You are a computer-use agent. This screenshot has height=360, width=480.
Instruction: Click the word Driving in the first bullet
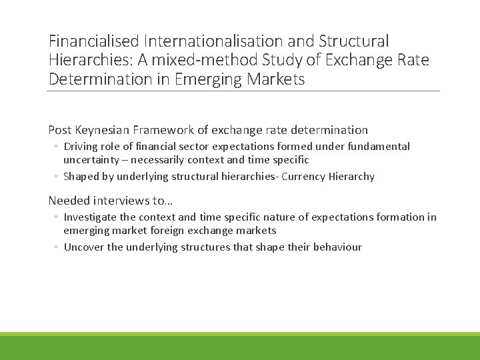click(x=80, y=146)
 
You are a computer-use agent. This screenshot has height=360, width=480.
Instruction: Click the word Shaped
click(x=80, y=177)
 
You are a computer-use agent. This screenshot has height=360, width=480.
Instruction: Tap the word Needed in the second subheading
click(x=69, y=200)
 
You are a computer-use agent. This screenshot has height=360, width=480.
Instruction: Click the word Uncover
click(x=83, y=247)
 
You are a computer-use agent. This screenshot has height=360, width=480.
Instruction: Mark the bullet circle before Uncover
click(x=57, y=247)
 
